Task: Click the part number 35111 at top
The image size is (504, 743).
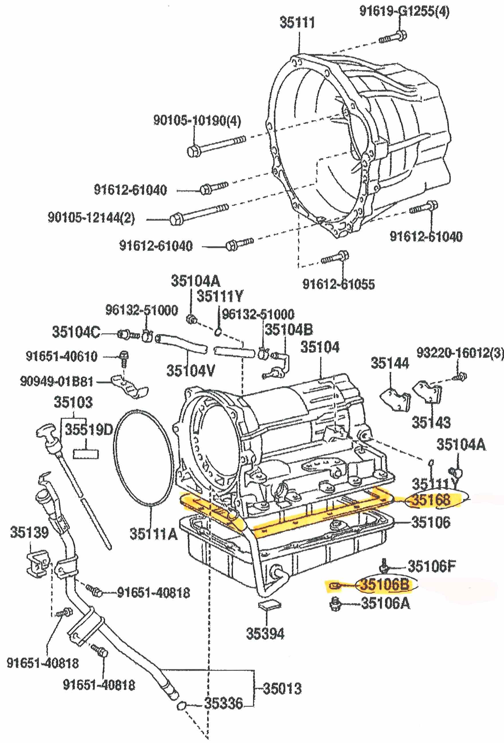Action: [x=297, y=23]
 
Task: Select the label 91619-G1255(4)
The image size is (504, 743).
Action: [x=404, y=11]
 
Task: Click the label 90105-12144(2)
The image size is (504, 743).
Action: [x=91, y=218]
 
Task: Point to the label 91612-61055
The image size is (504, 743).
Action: [x=339, y=284]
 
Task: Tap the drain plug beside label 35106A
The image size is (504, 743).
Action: [x=335, y=603]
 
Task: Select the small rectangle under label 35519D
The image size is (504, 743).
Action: [x=86, y=454]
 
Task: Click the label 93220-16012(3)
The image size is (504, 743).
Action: [x=460, y=353]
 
